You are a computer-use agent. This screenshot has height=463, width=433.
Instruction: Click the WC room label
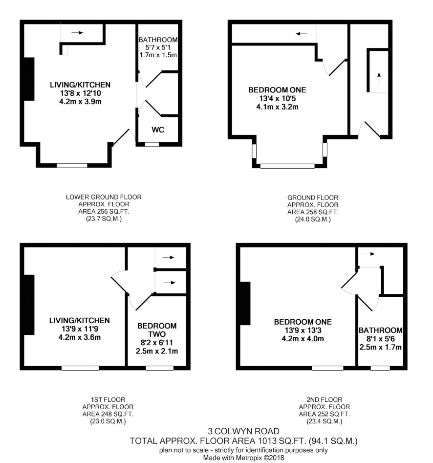158,130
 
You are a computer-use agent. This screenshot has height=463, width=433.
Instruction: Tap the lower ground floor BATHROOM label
158,40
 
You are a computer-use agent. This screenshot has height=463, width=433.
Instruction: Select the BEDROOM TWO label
157,330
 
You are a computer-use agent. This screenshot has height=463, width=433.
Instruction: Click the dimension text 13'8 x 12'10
81,93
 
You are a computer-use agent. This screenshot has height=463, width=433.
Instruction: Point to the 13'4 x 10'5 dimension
277,98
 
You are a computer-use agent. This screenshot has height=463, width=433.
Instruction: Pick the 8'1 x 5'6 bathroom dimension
380,339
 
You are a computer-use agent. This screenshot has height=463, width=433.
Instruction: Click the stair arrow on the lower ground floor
77,33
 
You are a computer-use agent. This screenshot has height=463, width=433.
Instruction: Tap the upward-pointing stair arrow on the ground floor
379,78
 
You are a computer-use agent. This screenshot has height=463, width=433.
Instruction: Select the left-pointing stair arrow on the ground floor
302,34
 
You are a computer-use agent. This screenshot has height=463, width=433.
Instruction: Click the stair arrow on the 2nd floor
369,254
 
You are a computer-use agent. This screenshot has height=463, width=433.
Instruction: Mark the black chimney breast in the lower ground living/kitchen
29,79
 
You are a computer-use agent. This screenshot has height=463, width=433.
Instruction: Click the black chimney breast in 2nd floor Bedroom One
245,304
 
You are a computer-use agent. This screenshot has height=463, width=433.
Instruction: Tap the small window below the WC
152,144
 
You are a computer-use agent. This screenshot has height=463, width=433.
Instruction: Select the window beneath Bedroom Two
160,368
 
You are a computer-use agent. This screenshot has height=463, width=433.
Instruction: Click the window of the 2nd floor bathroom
380,368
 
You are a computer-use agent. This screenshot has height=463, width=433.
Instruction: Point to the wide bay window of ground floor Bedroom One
287,166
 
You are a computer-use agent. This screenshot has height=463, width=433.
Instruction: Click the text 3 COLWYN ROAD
243,431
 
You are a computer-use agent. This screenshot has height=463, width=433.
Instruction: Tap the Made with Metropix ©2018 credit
243,458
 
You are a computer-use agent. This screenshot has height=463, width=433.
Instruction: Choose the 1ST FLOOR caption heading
108,400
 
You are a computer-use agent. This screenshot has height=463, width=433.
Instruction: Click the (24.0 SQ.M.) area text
313,220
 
